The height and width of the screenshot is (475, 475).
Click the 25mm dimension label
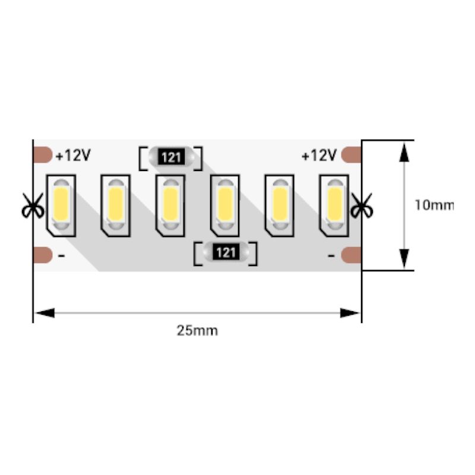pyautogui.click(x=197, y=331)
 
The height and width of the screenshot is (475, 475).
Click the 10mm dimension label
pyautogui.click(x=434, y=205)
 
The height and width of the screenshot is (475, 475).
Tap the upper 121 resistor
pyautogui.click(x=171, y=157)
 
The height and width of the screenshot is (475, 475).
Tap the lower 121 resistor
pyautogui.click(x=226, y=253)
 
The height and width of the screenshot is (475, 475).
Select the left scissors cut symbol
pyautogui.click(x=33, y=205)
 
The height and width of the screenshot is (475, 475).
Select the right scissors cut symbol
pyautogui.click(x=362, y=205)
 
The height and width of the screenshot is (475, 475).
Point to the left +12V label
pyautogui.click(x=73, y=156)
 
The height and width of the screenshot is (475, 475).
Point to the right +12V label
pyautogui.click(x=319, y=156)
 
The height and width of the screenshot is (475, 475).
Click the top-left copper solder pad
pyautogui.click(x=43, y=155)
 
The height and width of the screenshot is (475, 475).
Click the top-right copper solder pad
pyautogui.click(x=351, y=155)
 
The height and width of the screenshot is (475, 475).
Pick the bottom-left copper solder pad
pyautogui.click(x=43, y=255)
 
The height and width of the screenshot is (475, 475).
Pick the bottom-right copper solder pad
pyautogui.click(x=351, y=255)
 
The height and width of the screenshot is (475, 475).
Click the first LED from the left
pyautogui.click(x=61, y=205)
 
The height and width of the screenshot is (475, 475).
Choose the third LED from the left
pyautogui.click(x=170, y=205)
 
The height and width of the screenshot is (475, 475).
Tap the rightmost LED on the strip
pyautogui.click(x=334, y=205)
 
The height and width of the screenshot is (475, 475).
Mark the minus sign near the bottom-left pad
pyautogui.click(x=61, y=256)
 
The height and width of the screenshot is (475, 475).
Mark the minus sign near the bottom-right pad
pyautogui.click(x=331, y=256)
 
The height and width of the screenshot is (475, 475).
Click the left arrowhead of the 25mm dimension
pyautogui.click(x=45, y=313)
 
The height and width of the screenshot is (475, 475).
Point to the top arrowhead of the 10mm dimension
pyautogui.click(x=404, y=153)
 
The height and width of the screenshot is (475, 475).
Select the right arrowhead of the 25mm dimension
pyautogui.click(x=350, y=313)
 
